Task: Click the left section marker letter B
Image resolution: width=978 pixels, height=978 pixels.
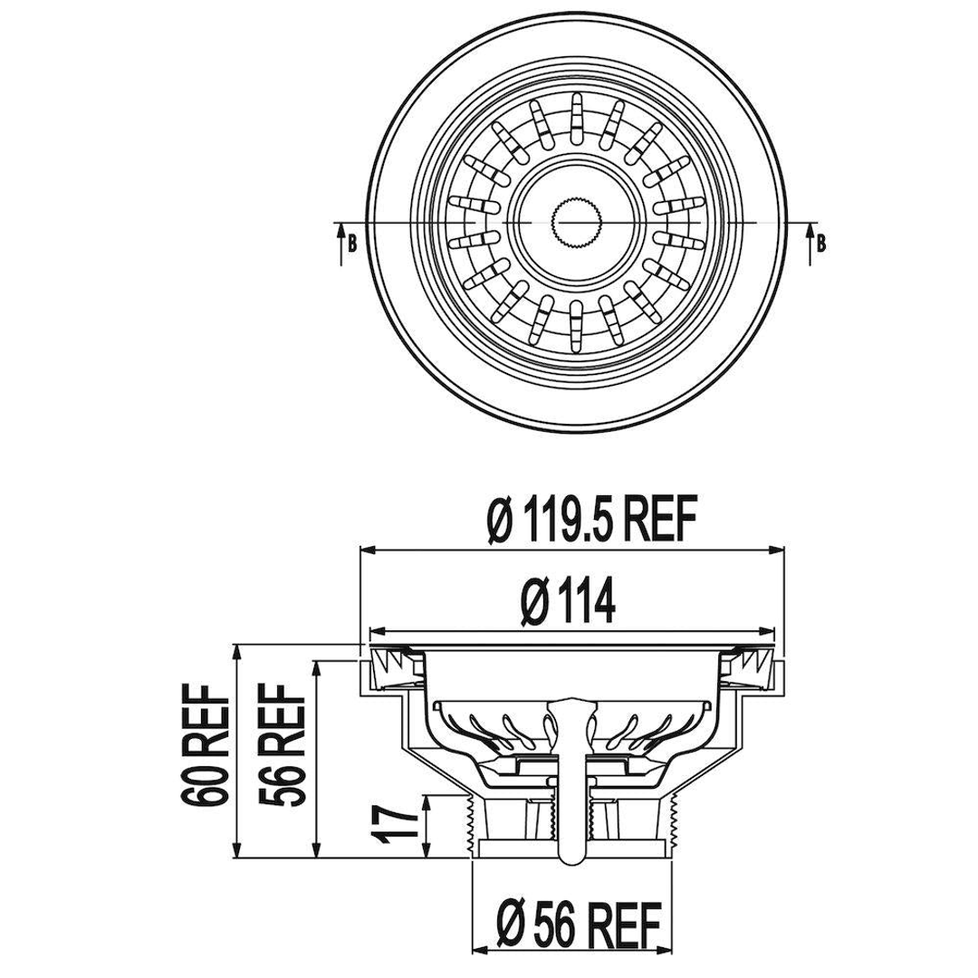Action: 351,243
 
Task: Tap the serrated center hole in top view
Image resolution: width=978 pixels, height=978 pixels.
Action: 575,222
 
